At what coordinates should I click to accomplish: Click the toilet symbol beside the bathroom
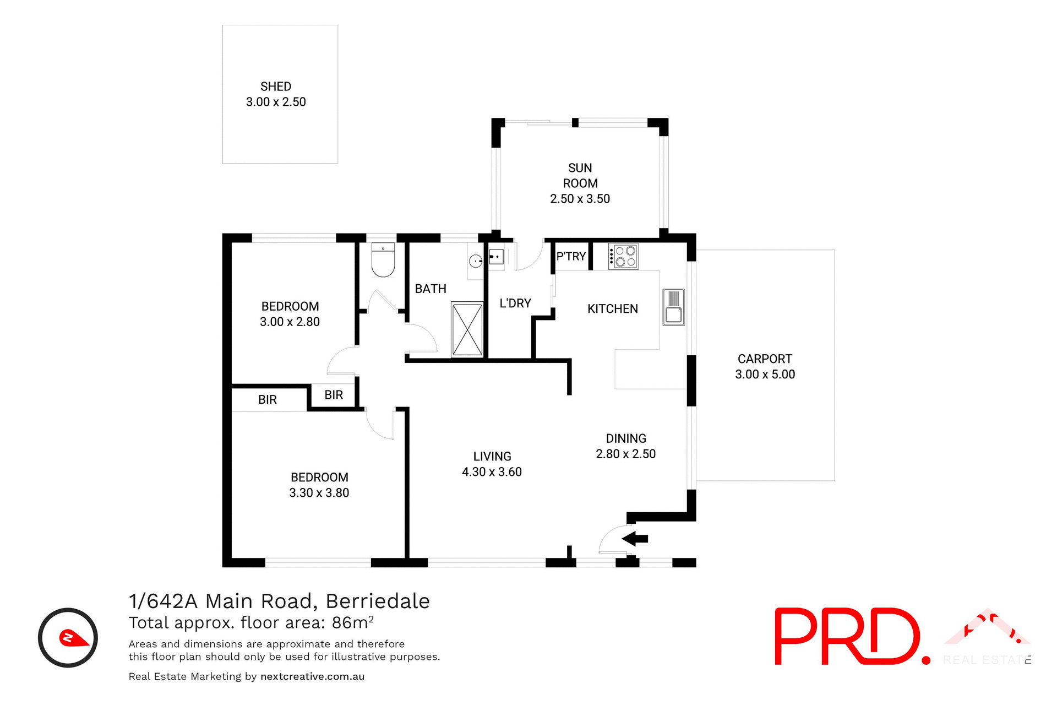pos(383,261)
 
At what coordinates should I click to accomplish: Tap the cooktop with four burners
pos(623,257)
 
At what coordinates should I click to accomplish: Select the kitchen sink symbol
pos(673,307)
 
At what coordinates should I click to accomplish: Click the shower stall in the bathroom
pos(467,329)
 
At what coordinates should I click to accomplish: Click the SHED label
pos(276,86)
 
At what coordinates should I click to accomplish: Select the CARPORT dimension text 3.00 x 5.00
pos(765,375)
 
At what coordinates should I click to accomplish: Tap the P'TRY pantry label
pos(571,256)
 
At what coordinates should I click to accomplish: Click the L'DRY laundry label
pos(515,303)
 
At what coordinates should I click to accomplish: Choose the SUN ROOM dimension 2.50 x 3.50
pos(580,199)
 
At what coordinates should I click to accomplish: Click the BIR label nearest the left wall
pos(268,400)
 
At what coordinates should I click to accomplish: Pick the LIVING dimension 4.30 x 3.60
pos(492,472)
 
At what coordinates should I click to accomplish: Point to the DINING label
pos(626,438)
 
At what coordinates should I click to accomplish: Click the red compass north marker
pos(73,638)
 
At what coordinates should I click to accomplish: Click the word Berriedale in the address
pos(378,601)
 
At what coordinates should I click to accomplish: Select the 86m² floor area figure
pos(352,622)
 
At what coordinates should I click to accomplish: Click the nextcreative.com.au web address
pos(312,676)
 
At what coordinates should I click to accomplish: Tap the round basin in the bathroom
pos(476,261)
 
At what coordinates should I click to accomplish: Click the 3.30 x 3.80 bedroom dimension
pos(319,493)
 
